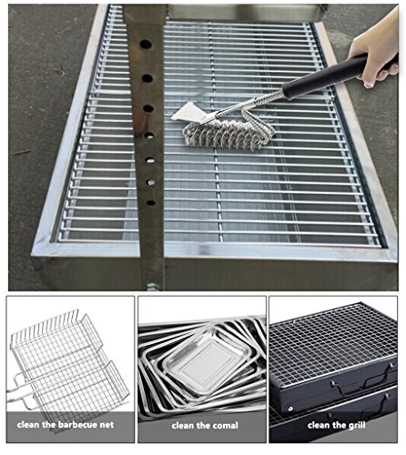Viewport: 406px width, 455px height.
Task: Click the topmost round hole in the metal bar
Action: tap(146, 45)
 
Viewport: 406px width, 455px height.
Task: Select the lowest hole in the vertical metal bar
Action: tap(150, 202)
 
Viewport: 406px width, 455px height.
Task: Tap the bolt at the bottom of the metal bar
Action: tap(154, 287)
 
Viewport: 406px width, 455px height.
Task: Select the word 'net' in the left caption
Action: tap(107, 425)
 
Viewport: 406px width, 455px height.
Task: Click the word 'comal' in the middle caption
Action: tap(225, 426)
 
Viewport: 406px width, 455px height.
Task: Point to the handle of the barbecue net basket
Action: tap(19, 391)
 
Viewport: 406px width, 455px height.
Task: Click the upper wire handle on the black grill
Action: tap(359, 385)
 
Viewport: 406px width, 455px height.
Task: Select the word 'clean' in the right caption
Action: tap(319, 425)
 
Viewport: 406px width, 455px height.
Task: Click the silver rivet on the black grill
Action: tap(290, 409)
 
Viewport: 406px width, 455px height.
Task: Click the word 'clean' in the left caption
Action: tap(28, 424)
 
